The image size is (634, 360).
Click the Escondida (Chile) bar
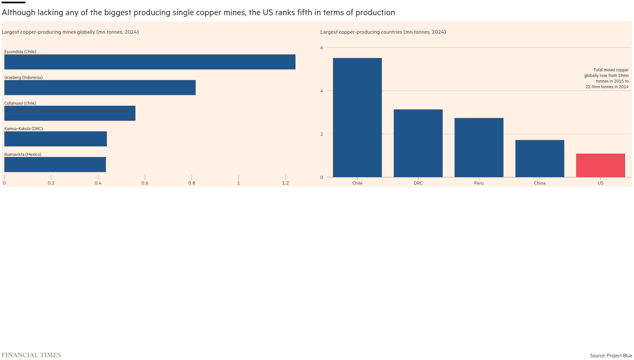point(150,62)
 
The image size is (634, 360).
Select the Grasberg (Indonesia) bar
point(100,88)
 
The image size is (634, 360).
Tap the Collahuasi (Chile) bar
point(70,113)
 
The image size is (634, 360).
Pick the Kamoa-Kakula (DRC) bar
point(55,139)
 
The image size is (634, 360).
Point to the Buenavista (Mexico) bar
point(55,164)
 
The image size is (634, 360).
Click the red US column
point(600,165)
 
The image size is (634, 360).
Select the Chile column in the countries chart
point(357,118)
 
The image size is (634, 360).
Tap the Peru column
point(479,148)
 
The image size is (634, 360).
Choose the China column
point(540,159)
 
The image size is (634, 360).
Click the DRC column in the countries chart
point(418,143)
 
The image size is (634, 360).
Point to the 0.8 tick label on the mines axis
point(192,183)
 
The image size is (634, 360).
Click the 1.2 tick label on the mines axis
point(285,183)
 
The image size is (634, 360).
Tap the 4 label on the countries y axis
point(322,91)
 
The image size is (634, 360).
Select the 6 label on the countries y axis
point(322,48)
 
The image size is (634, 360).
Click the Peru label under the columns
point(479,183)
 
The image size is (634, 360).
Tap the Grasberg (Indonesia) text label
point(23,78)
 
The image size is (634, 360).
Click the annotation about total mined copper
point(606,79)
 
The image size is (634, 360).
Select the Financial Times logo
point(31,355)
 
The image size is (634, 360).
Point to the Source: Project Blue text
point(611,356)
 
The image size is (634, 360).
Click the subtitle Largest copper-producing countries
point(383,32)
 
